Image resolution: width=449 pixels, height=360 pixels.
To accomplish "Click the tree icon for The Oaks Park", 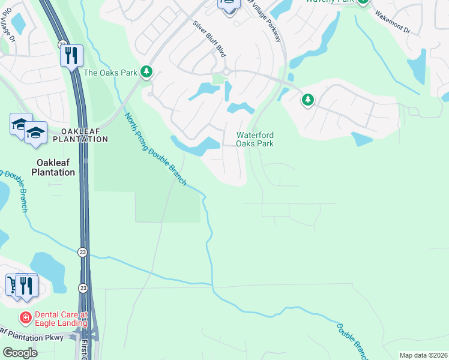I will [146, 73].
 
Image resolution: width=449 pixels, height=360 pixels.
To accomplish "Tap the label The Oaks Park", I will [110, 73].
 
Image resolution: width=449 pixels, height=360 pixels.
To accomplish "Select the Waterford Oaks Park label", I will [255, 139].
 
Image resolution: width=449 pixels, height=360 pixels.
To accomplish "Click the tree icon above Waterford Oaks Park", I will [308, 100].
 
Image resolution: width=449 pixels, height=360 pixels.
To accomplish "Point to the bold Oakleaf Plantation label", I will [56, 167].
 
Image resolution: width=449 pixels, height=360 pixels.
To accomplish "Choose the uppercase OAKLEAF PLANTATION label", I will [80, 135].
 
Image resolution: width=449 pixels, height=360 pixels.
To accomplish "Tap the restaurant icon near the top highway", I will [71, 56].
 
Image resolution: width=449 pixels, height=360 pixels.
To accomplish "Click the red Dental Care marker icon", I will [26, 317].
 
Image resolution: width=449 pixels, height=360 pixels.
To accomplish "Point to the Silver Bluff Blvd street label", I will [209, 39].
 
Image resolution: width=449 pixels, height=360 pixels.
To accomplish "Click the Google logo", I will [20, 353].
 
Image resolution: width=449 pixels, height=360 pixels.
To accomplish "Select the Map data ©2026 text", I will [423, 355].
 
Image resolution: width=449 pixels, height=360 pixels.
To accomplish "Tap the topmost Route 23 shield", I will [62, 44].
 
